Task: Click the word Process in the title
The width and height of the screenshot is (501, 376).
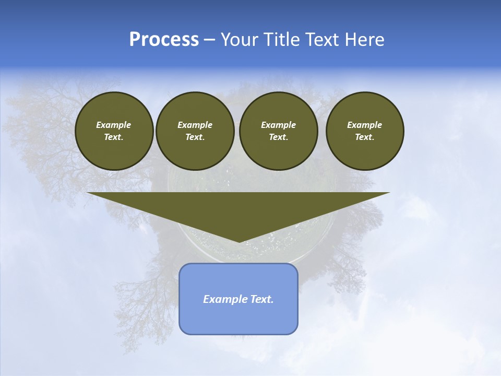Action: pyautogui.click(x=164, y=40)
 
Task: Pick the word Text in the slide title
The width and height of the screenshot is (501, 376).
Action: pyautogui.click(x=326, y=40)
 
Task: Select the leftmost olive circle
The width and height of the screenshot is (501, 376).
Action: pyautogui.click(x=114, y=131)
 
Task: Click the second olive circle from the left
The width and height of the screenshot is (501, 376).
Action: pyautogui.click(x=195, y=131)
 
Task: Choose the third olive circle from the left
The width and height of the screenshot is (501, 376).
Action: pyautogui.click(x=279, y=131)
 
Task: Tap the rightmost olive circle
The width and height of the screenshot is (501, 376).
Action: pyautogui.click(x=365, y=131)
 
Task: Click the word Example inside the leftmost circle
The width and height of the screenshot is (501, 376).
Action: pyautogui.click(x=114, y=125)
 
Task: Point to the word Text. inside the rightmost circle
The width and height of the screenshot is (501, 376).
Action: pyautogui.click(x=365, y=137)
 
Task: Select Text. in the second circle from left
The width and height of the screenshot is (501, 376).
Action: pyautogui.click(x=195, y=137)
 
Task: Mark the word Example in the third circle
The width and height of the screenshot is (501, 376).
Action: pyautogui.click(x=279, y=125)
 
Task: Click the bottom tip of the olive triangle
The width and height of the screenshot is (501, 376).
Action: pyautogui.click(x=239, y=241)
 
